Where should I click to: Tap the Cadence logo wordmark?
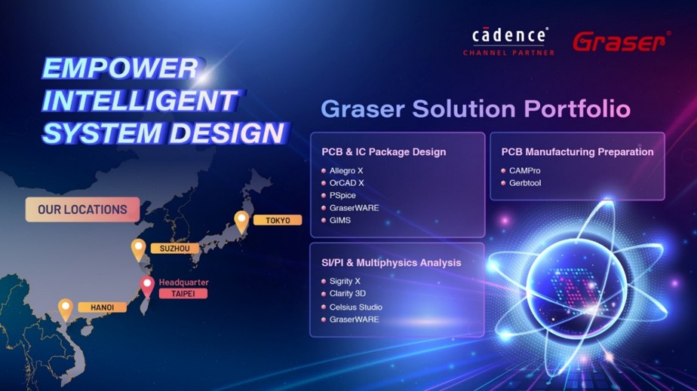(509, 35)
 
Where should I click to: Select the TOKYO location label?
(278, 220)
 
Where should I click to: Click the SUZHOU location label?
(175, 249)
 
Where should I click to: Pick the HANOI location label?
(103, 307)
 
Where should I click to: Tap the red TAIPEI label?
(183, 293)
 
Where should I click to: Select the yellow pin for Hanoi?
(66, 310)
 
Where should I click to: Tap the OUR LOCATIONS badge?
(83, 209)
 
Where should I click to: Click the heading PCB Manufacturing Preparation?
(577, 151)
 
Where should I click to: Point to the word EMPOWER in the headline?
(121, 68)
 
